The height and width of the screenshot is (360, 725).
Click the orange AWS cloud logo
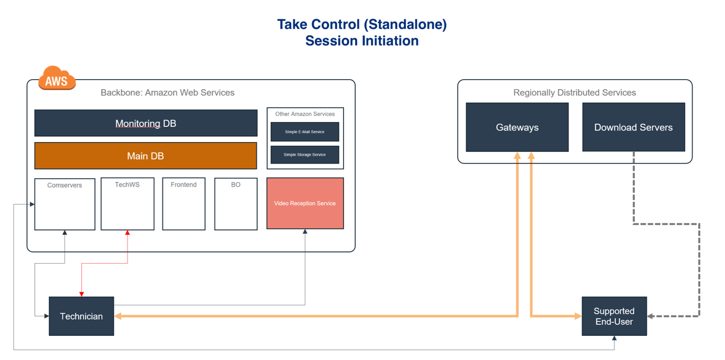tap(57, 78)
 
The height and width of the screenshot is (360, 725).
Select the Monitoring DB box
tap(146, 123)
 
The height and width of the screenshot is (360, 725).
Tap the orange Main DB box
tap(146, 156)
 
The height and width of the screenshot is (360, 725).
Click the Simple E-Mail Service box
tap(305, 132)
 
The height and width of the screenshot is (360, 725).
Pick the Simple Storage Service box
tap(305, 155)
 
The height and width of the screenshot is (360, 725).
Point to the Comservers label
tap(64, 185)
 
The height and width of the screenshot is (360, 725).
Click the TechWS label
tap(127, 184)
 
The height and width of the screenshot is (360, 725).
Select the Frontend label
tap(183, 184)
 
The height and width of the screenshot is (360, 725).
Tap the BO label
tap(236, 184)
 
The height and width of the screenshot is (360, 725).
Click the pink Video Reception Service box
tap(305, 203)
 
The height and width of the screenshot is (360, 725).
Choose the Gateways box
tap(517, 127)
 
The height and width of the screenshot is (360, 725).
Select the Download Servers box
tap(634, 127)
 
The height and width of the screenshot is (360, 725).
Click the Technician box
tap(81, 316)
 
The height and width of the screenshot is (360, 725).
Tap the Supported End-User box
tap(614, 316)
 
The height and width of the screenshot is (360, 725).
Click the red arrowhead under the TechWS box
tap(127, 233)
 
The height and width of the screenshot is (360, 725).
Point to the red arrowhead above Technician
tap(82, 294)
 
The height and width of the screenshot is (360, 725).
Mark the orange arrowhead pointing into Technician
tap(118, 317)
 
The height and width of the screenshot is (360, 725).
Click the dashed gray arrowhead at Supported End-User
tap(650, 317)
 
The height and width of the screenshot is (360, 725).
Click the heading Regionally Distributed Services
tap(575, 93)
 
